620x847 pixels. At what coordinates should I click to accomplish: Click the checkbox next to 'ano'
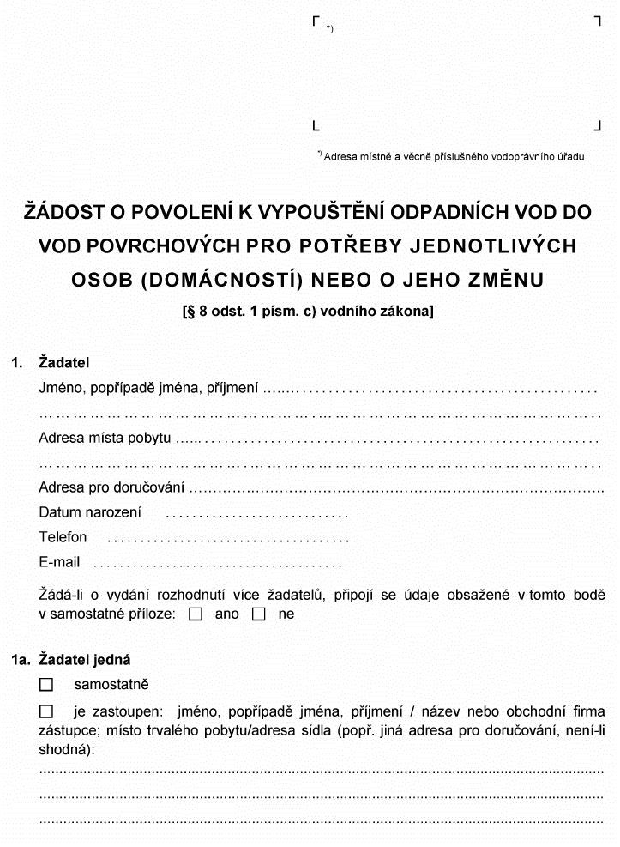click(x=196, y=614)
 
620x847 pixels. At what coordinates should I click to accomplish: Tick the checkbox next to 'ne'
click(x=259, y=614)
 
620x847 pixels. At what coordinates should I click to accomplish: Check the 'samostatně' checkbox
click(x=47, y=685)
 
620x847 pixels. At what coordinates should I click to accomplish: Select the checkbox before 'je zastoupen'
click(x=47, y=711)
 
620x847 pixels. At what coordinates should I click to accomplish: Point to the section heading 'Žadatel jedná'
click(x=85, y=660)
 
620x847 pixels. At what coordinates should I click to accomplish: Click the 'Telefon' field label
click(x=63, y=537)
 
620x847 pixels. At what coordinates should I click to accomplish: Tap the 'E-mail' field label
click(x=59, y=562)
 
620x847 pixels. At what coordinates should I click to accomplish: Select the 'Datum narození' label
click(x=90, y=512)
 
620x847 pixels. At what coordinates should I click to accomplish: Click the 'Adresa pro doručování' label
click(x=111, y=487)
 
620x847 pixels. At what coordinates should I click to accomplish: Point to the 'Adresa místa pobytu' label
click(x=105, y=438)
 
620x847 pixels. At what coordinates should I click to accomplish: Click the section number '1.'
click(x=18, y=363)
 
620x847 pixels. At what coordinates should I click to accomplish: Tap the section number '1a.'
click(x=21, y=660)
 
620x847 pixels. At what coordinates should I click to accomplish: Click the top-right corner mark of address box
click(x=597, y=21)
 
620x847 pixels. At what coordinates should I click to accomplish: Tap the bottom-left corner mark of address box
click(x=316, y=126)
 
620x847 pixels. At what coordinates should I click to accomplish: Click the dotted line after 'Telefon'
click(x=227, y=540)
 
